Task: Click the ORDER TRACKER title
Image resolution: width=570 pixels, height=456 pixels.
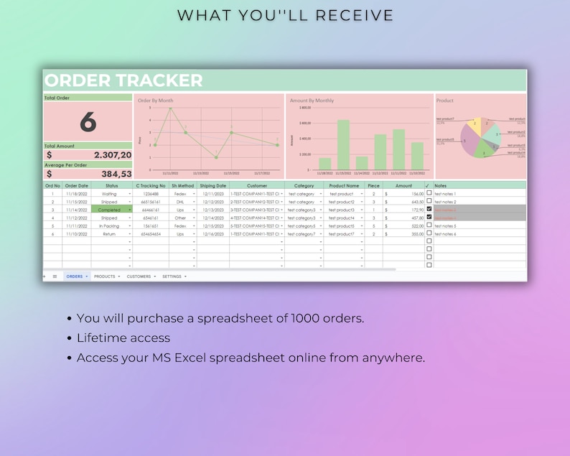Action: (123, 80)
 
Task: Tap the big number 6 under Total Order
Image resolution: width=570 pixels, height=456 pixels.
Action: (88, 121)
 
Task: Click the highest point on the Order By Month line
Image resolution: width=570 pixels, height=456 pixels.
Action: (170, 108)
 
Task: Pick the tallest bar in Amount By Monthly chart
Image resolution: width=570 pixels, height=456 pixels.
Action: (343, 144)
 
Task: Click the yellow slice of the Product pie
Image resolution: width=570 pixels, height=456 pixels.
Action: (474, 126)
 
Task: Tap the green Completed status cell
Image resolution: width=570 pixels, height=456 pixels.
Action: (110, 210)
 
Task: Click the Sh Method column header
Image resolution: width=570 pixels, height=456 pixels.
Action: (183, 185)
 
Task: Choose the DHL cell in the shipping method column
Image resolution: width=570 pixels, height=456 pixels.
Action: (180, 202)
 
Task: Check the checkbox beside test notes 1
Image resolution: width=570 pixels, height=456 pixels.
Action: (429, 193)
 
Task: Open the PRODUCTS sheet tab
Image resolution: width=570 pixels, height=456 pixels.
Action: (105, 276)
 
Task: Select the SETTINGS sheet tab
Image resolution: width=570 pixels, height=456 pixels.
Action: (172, 276)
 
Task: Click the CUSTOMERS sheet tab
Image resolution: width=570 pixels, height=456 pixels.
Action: (139, 276)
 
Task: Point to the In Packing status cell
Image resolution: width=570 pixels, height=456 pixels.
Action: (109, 226)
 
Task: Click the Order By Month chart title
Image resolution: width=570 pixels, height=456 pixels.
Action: (156, 101)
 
